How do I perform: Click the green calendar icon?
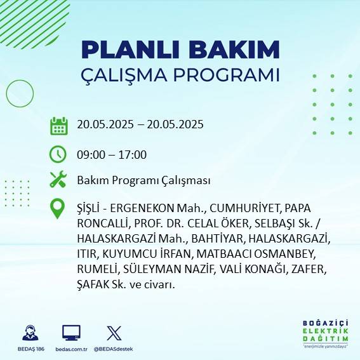tap(58, 125)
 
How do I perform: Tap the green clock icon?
tap(58, 154)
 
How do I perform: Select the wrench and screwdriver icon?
tap(58, 180)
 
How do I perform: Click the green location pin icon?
tap(58, 209)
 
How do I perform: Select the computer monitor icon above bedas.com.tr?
tap(71, 333)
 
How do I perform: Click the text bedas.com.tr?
tap(71, 349)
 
